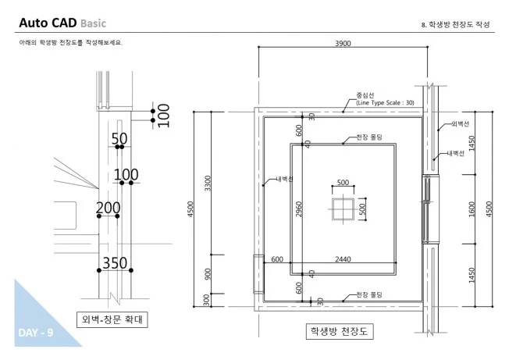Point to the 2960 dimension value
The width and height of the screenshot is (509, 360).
(x=299, y=209)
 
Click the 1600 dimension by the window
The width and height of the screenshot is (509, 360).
(x=472, y=209)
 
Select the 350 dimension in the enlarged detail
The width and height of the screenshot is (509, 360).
(x=115, y=262)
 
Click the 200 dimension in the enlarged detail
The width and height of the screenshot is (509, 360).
(x=108, y=208)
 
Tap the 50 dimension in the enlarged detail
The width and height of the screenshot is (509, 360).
(x=119, y=139)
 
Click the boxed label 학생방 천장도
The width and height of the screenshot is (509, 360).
(x=338, y=331)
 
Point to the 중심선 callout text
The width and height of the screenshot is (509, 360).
(x=366, y=95)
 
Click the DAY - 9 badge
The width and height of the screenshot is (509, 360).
(x=35, y=333)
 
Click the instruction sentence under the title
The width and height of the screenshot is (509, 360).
(x=71, y=42)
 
